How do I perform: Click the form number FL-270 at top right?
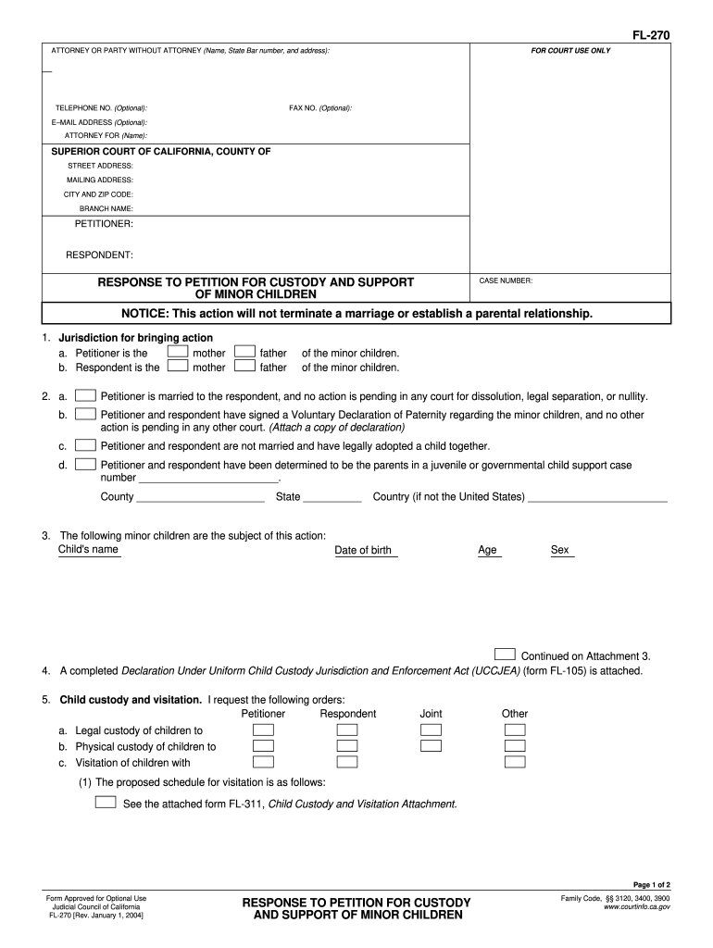(650, 35)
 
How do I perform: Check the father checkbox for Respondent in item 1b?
(244, 367)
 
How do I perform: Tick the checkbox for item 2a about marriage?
(85, 395)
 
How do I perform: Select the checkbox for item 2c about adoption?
(85, 445)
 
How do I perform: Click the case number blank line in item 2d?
(208, 479)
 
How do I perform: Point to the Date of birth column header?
(363, 550)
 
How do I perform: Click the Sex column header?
(560, 550)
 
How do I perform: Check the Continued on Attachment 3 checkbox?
(505, 654)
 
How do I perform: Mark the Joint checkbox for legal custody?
(431, 730)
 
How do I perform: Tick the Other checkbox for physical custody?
(515, 746)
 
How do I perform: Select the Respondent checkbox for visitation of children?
(347, 762)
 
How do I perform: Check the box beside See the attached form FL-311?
(106, 802)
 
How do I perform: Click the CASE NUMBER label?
(506, 281)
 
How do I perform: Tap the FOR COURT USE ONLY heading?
(570, 50)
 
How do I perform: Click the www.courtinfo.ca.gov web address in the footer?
(636, 907)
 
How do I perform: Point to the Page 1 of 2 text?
(648, 885)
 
